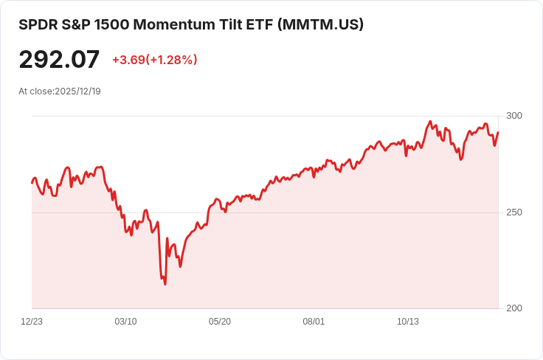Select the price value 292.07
click(x=59, y=59)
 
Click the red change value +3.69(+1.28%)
click(x=154, y=60)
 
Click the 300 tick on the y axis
click(x=514, y=116)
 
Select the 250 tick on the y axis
click(x=514, y=212)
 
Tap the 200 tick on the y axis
click(x=514, y=308)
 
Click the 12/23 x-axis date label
click(x=32, y=322)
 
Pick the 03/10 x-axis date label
click(x=125, y=322)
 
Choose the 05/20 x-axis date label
click(x=220, y=322)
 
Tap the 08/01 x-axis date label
click(x=314, y=322)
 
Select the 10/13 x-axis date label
click(x=408, y=322)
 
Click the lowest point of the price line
click(x=165, y=284)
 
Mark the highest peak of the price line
click(x=430, y=122)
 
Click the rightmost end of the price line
click(x=498, y=133)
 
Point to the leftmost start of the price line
click(x=32, y=182)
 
